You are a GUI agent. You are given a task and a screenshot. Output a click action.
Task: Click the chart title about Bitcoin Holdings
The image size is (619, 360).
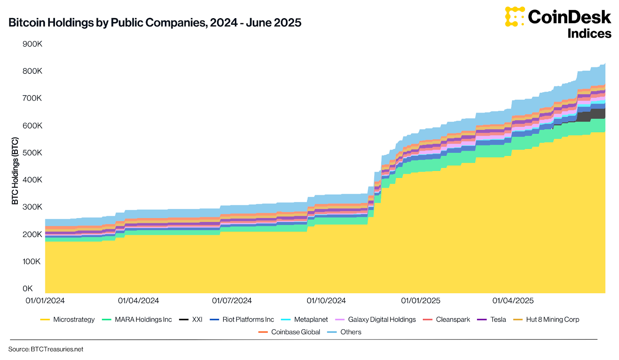(155, 23)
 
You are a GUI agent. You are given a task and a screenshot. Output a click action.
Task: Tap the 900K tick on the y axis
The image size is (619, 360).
(32, 44)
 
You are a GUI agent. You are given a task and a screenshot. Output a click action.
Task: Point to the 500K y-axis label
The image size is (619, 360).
(32, 153)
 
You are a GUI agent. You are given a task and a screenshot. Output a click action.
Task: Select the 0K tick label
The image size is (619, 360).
(28, 289)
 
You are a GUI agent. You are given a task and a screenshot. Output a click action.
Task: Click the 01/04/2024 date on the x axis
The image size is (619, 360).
(139, 301)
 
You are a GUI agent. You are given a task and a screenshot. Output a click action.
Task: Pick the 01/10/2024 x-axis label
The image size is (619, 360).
(326, 301)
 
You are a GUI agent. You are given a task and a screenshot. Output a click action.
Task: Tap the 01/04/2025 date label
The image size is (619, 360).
(513, 301)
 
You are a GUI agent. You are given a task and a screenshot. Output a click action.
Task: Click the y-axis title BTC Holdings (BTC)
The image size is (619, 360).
(15, 171)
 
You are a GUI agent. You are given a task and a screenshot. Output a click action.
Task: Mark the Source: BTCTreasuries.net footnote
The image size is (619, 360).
(46, 350)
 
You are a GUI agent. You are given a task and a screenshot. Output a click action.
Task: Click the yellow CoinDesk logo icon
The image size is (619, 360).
(514, 17)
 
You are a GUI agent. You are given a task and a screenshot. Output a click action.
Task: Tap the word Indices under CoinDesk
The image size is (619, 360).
(589, 34)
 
